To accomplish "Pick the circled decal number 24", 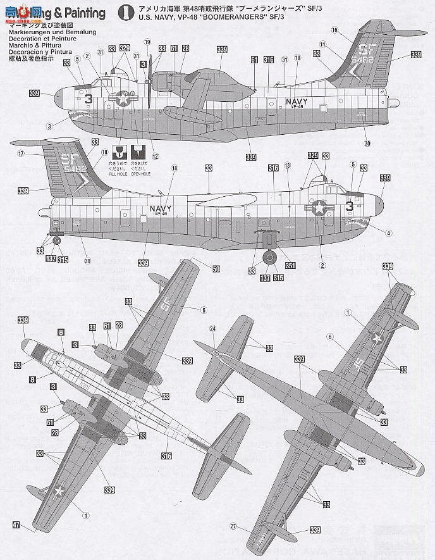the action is point(212,328).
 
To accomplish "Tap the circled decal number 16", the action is point(334,30).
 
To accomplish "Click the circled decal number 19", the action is point(147,42).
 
